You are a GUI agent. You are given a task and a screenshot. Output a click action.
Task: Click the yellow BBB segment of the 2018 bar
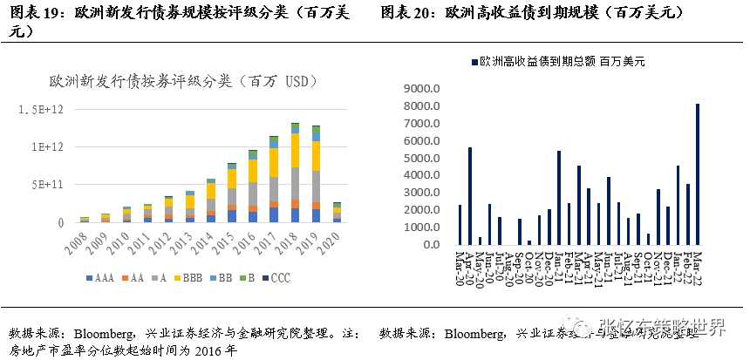(295, 150)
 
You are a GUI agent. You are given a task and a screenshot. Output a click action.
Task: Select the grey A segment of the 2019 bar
(316, 186)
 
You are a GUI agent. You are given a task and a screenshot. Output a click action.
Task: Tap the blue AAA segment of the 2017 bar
(274, 214)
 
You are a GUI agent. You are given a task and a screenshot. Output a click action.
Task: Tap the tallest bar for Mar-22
(698, 174)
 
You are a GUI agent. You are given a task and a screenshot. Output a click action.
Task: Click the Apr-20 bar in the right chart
(470, 195)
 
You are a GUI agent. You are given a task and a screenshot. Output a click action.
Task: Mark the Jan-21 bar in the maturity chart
(559, 197)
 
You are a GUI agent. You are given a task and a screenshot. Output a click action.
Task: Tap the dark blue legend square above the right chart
(474, 62)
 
